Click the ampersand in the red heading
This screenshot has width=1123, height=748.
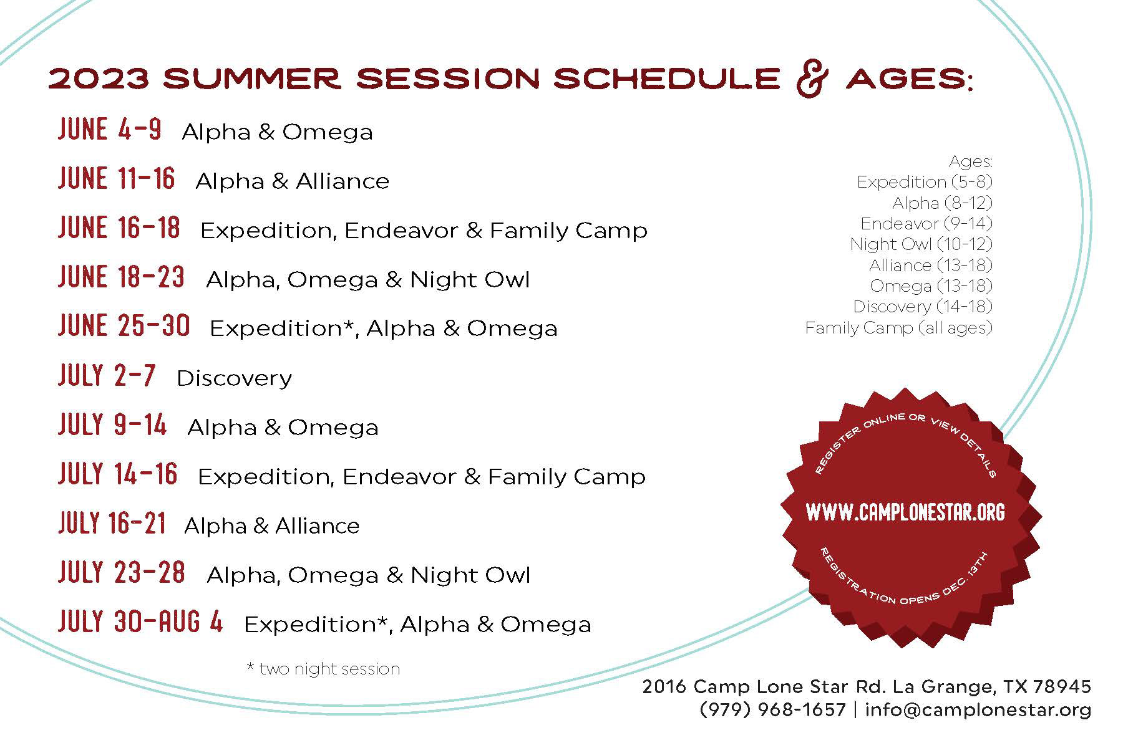810,79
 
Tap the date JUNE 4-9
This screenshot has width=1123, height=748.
110,130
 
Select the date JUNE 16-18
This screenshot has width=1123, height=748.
119,228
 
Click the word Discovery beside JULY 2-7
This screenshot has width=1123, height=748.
235,378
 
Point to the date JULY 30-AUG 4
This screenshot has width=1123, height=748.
140,621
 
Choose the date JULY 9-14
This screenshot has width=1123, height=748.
112,424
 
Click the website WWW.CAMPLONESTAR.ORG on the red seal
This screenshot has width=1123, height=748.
906,512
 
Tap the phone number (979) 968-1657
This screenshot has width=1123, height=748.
773,709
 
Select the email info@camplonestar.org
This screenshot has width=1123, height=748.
978,710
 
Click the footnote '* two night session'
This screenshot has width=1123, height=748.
323,669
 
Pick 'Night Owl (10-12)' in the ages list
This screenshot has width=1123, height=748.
921,244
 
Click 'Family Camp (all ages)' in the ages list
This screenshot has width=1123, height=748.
898,328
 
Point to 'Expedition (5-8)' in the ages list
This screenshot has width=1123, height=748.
925,182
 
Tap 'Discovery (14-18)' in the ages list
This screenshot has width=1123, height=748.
923,307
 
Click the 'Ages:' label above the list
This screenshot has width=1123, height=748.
971,162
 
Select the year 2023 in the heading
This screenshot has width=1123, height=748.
99,79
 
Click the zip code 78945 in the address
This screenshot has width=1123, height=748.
1062,687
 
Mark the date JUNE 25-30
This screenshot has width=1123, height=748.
124,326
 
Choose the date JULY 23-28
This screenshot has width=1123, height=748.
122,572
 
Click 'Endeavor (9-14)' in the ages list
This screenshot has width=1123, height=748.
926,224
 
